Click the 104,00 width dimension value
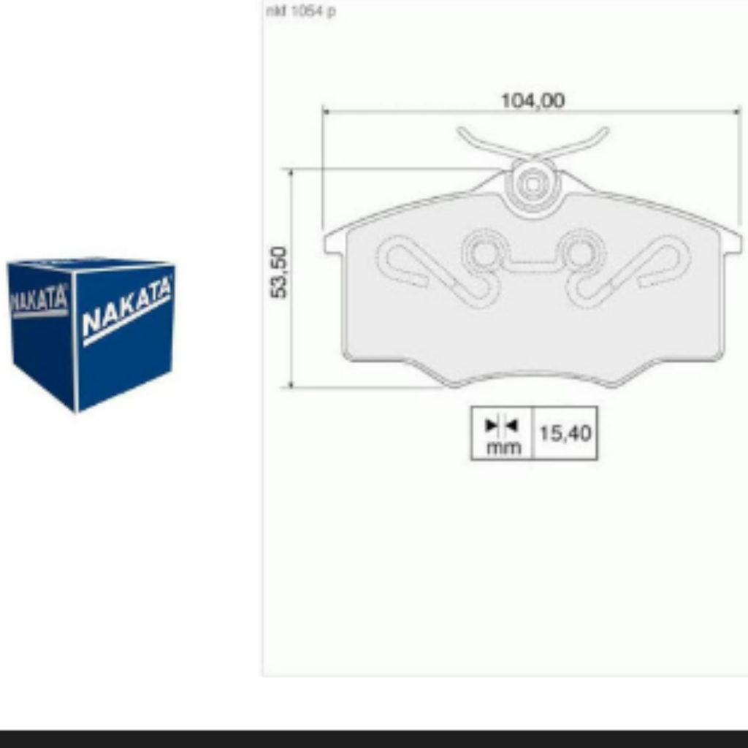pos(533,101)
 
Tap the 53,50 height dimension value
pos(279,272)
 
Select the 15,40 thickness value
pos(565,433)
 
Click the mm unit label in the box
pos(503,448)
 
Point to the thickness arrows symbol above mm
pos(501,425)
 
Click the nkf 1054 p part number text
pos(301,11)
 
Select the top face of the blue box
pos(91,263)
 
